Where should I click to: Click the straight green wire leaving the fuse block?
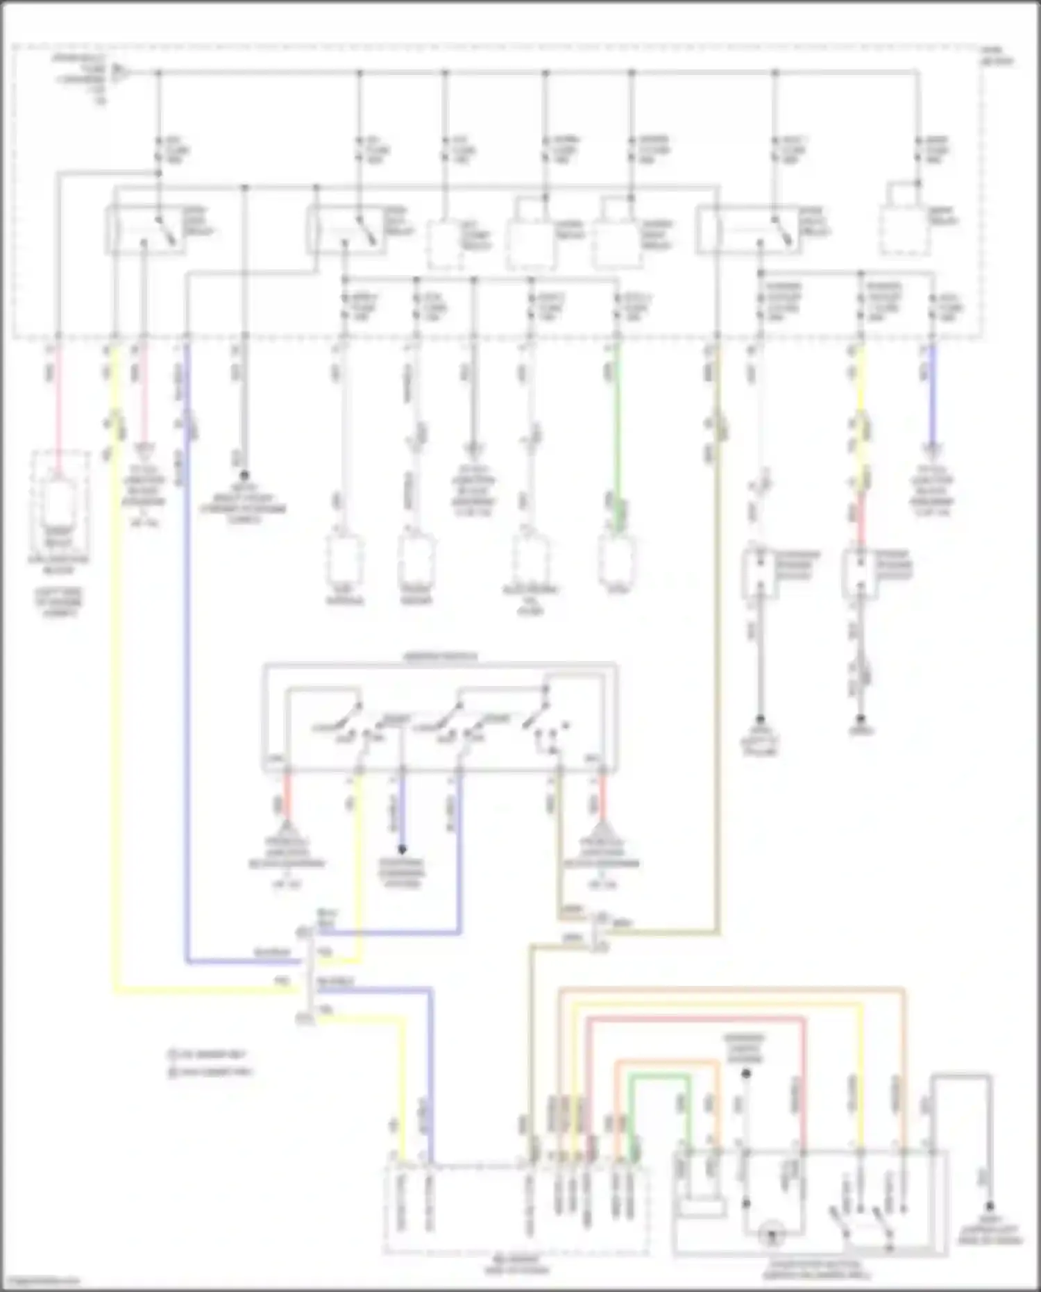pyautogui.click(x=617, y=417)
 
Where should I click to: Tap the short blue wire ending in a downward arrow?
pyautogui.click(x=932, y=396)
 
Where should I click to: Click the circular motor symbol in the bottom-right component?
pyautogui.click(x=771, y=1236)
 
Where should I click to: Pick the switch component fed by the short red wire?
pyautogui.click(x=860, y=573)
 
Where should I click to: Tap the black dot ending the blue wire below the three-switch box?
pyautogui.click(x=401, y=849)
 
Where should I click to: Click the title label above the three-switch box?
pyautogui.click(x=440, y=656)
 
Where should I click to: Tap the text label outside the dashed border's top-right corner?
pyautogui.click(x=997, y=56)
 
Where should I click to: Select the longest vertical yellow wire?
pyautogui.click(x=115, y=660)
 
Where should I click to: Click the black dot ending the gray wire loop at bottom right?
pyautogui.click(x=990, y=1207)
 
